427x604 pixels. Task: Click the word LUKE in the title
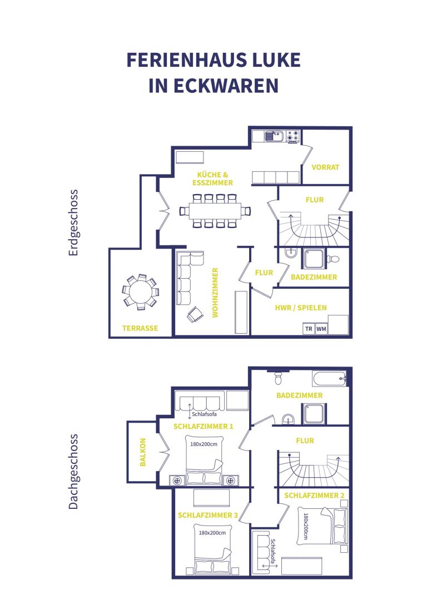(x=271, y=60)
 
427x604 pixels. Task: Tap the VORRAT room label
(x=325, y=167)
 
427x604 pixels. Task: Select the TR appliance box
(x=309, y=329)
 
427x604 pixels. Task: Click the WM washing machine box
(x=321, y=329)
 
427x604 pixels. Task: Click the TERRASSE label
(x=140, y=328)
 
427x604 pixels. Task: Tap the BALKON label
(x=143, y=452)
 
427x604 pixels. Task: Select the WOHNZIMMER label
(x=215, y=293)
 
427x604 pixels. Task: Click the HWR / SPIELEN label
(x=301, y=308)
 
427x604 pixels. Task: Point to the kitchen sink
(x=274, y=136)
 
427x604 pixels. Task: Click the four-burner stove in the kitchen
(x=292, y=136)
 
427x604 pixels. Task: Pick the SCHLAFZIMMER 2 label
(x=314, y=496)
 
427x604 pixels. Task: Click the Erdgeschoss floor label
(x=73, y=222)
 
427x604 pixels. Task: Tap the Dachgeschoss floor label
(x=73, y=472)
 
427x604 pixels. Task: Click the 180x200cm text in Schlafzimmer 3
(x=212, y=533)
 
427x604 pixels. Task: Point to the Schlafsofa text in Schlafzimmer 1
(x=204, y=414)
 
